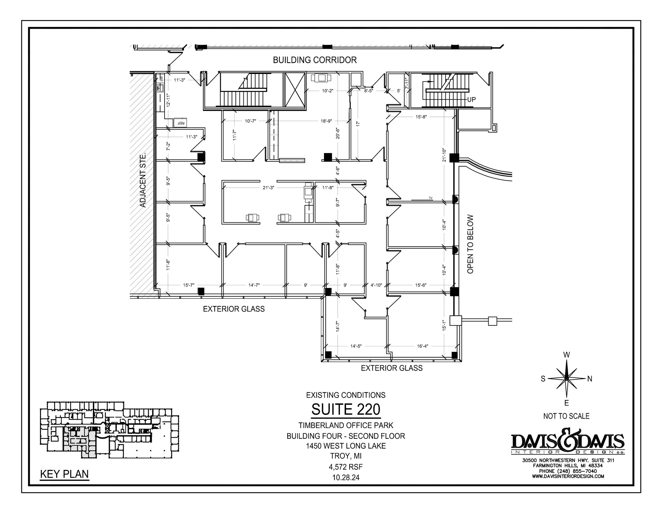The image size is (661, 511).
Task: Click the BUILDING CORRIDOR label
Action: pyautogui.click(x=315, y=60)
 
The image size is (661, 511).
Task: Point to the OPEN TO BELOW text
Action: pyautogui.click(x=470, y=244)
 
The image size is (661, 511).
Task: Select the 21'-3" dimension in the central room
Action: pyautogui.click(x=268, y=188)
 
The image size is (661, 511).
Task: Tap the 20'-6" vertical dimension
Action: pyautogui.click(x=338, y=133)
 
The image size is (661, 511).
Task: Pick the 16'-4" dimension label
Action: pyautogui.click(x=422, y=346)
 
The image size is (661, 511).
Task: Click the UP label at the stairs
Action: pyautogui.click(x=471, y=99)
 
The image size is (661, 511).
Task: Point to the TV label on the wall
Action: pyautogui.click(x=430, y=198)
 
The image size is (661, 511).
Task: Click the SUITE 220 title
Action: pyautogui.click(x=346, y=410)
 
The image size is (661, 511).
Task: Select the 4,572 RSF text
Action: pyautogui.click(x=346, y=467)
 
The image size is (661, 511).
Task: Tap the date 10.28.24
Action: pyautogui.click(x=346, y=477)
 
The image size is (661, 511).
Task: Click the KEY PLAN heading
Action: pyautogui.click(x=64, y=474)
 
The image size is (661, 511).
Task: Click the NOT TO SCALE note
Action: pyautogui.click(x=566, y=416)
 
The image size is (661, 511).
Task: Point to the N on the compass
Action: pyautogui.click(x=589, y=379)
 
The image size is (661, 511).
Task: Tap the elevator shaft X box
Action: pyautogui.click(x=294, y=90)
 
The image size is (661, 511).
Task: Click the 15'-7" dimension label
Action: pyautogui.click(x=188, y=285)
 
